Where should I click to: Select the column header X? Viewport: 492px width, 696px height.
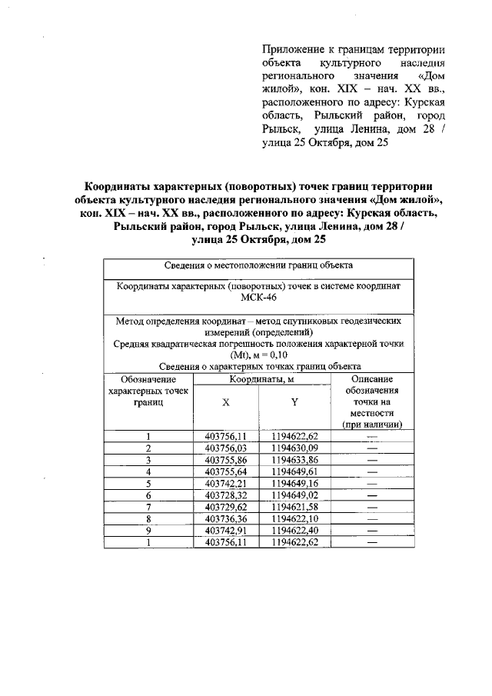click(x=225, y=403)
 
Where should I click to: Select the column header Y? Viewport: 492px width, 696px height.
click(x=294, y=403)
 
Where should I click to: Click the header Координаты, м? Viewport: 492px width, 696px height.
click(x=259, y=379)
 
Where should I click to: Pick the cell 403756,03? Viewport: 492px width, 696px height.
click(x=225, y=448)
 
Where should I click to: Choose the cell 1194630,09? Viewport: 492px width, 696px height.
click(x=294, y=448)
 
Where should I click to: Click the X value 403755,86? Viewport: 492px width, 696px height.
click(x=225, y=460)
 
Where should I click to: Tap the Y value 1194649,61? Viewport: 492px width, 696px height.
click(x=294, y=472)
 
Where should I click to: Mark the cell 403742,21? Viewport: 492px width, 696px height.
click(x=225, y=484)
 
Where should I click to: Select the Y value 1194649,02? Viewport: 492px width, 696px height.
click(x=294, y=496)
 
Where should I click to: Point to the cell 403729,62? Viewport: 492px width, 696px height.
click(x=225, y=508)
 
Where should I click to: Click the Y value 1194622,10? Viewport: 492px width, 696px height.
click(x=294, y=520)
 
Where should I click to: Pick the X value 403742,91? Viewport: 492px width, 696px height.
click(x=225, y=531)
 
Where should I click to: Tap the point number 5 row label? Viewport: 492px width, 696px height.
click(x=148, y=484)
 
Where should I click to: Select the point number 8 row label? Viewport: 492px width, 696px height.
click(x=148, y=520)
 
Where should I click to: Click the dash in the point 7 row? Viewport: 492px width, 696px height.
click(x=373, y=508)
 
